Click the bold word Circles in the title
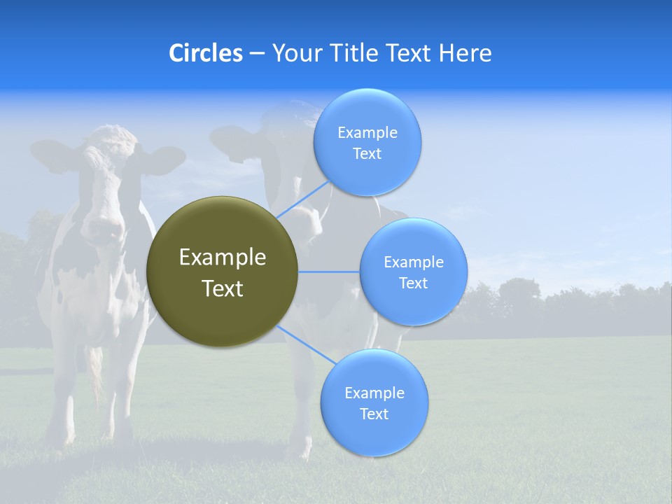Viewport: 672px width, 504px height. (205, 53)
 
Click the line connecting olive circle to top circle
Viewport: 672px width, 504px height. (302, 199)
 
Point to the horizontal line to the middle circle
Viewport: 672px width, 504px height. (329, 272)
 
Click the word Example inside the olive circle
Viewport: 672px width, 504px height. (222, 258)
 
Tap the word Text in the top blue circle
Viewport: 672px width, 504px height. (367, 154)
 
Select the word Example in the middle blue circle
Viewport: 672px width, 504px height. (413, 262)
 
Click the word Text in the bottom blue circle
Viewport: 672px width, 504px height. (374, 414)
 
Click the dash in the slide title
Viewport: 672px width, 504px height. (257, 53)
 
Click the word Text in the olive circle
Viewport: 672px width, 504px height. (222, 288)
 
